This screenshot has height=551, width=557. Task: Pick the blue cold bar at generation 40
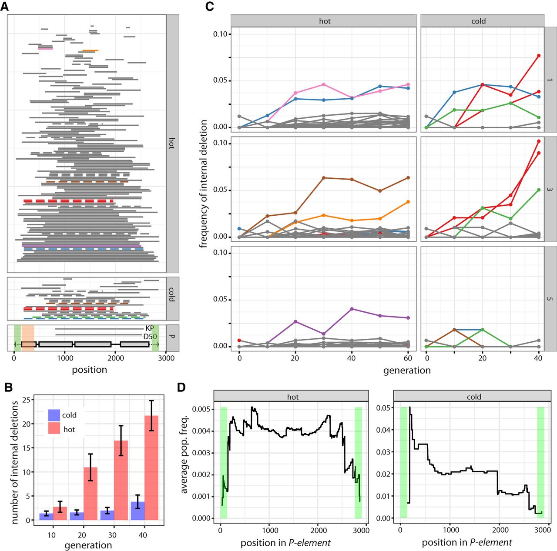pos(138,511)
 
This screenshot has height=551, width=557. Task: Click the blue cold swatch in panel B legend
pos(54,415)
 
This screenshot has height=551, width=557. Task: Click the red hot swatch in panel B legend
pos(54,429)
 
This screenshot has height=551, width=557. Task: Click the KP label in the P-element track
pos(150,329)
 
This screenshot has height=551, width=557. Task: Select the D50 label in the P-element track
pos(150,337)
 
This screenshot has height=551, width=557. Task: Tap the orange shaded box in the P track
pos(28,337)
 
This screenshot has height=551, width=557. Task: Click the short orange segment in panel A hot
pos(90,51)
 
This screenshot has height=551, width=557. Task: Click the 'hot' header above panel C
pos(324,21)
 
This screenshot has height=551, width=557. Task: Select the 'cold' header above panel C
pos(478,21)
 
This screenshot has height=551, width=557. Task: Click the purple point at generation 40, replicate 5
pos(352,309)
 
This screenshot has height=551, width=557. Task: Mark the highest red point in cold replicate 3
pos(539,141)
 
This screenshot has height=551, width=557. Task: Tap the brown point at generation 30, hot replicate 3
pos(323,178)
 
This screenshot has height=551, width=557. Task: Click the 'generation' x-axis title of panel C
pos(406,371)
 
